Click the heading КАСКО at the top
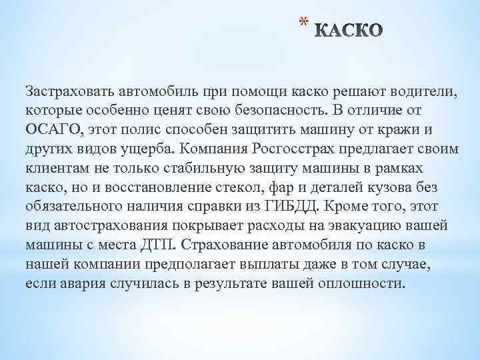pos(348,31)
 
